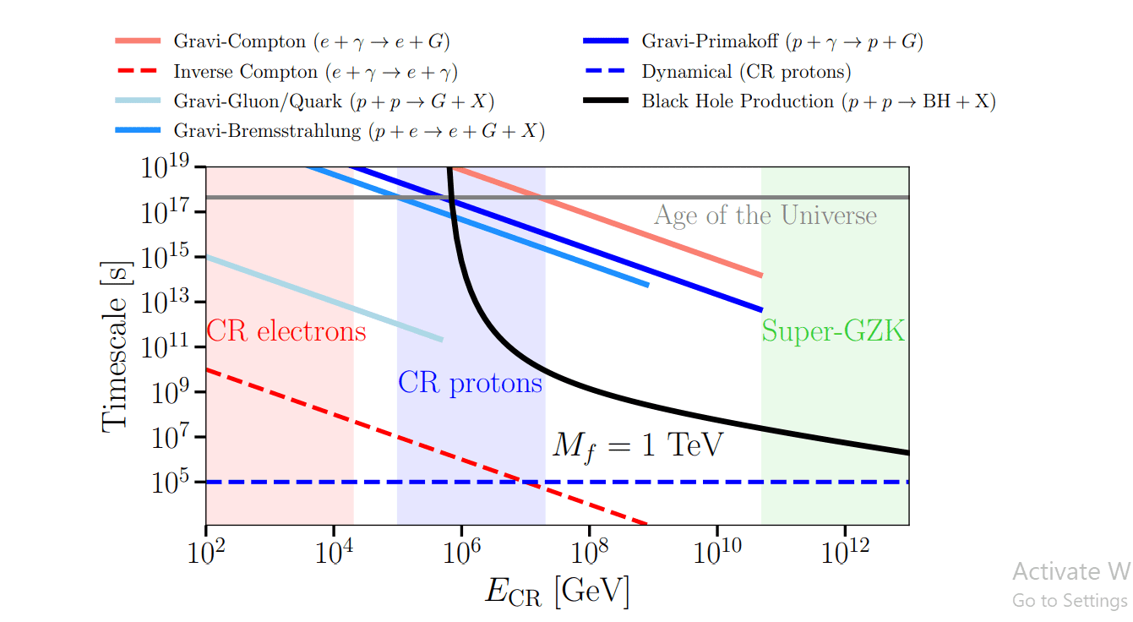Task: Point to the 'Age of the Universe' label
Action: (765, 216)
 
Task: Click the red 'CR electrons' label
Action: (286, 330)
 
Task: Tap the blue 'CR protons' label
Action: (470, 383)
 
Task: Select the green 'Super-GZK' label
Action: (833, 330)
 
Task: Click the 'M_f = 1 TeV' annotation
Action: (638, 445)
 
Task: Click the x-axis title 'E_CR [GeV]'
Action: (558, 591)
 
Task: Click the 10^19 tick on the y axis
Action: (172, 166)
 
